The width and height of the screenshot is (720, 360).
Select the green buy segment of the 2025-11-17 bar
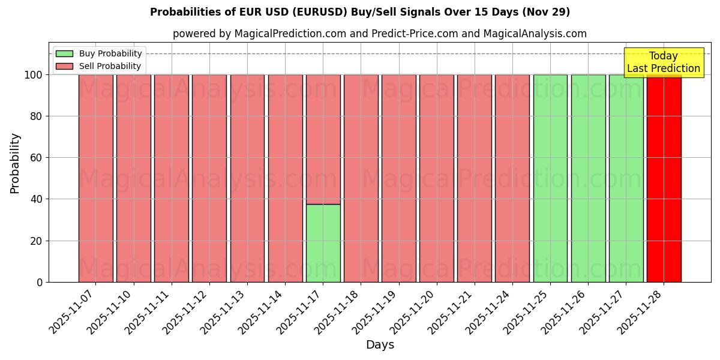point(323,243)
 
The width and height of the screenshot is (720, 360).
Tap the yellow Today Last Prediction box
point(663,62)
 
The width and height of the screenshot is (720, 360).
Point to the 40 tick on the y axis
point(40,199)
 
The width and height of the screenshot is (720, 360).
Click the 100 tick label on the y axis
point(34,75)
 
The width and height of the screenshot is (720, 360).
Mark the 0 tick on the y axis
point(40,282)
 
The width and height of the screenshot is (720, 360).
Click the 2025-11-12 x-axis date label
point(187,312)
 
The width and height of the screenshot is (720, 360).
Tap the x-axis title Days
point(380,345)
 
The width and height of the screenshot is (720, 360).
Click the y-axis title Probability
point(15,163)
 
